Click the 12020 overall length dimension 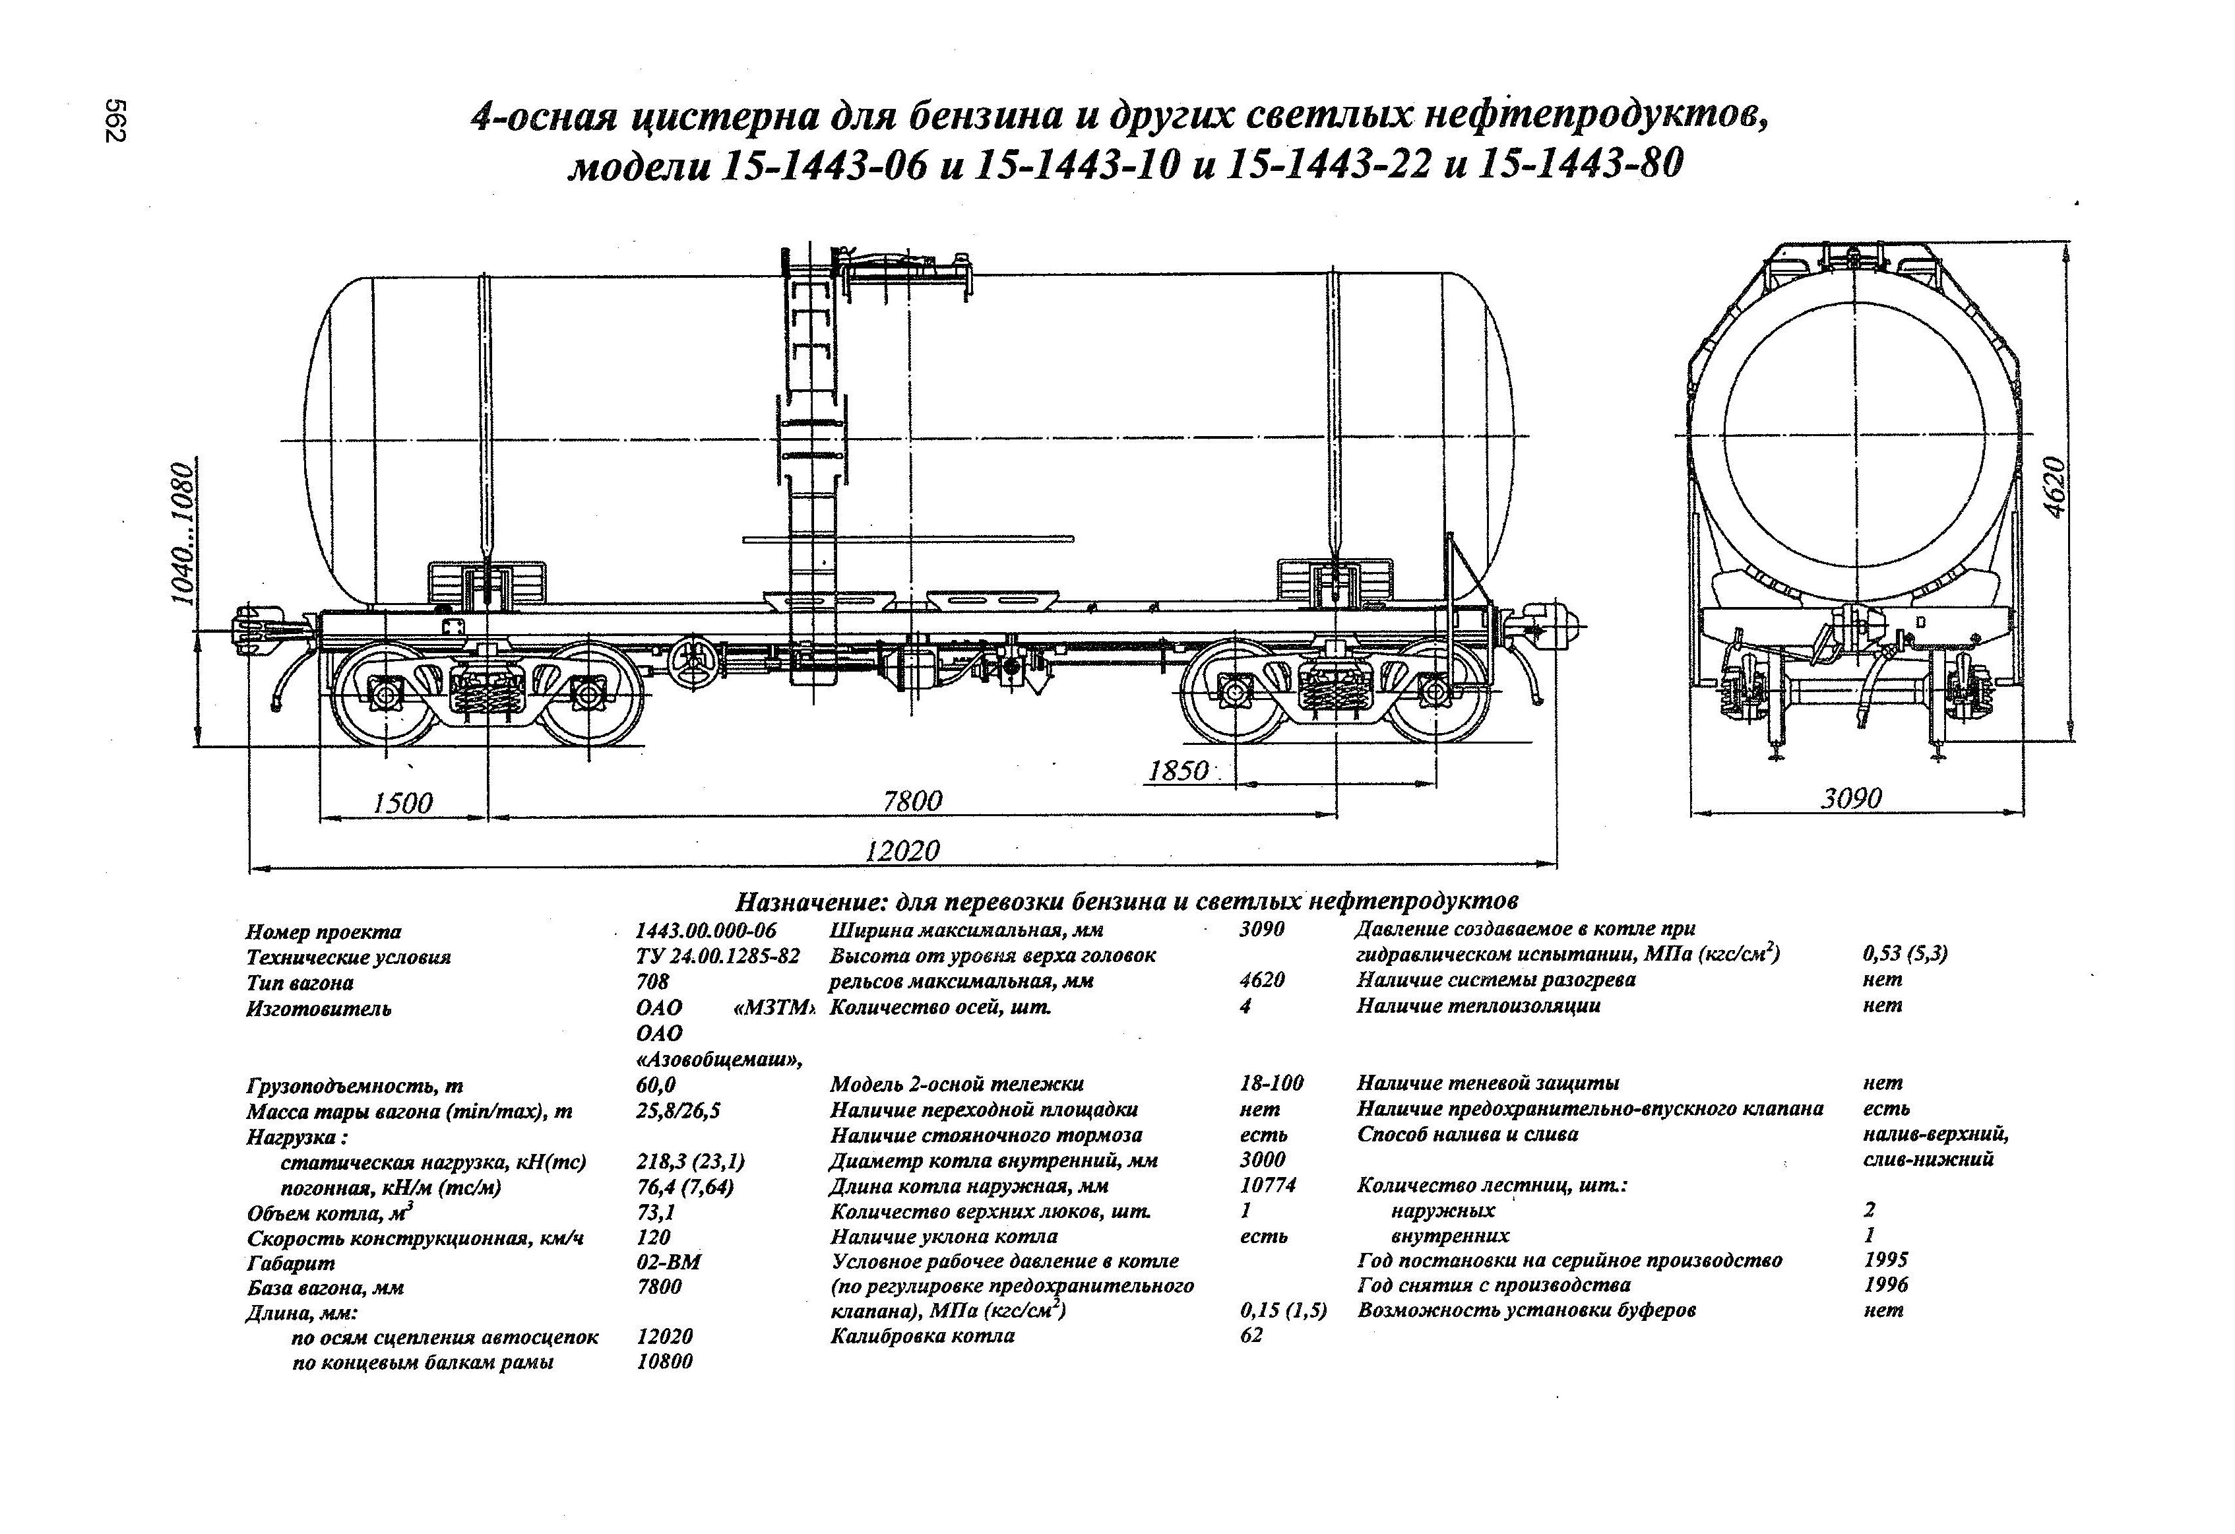901,850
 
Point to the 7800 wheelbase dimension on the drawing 912,800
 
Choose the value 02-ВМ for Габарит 668,1262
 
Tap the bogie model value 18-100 1271,1084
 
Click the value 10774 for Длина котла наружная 1267,1185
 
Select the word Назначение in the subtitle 809,902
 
